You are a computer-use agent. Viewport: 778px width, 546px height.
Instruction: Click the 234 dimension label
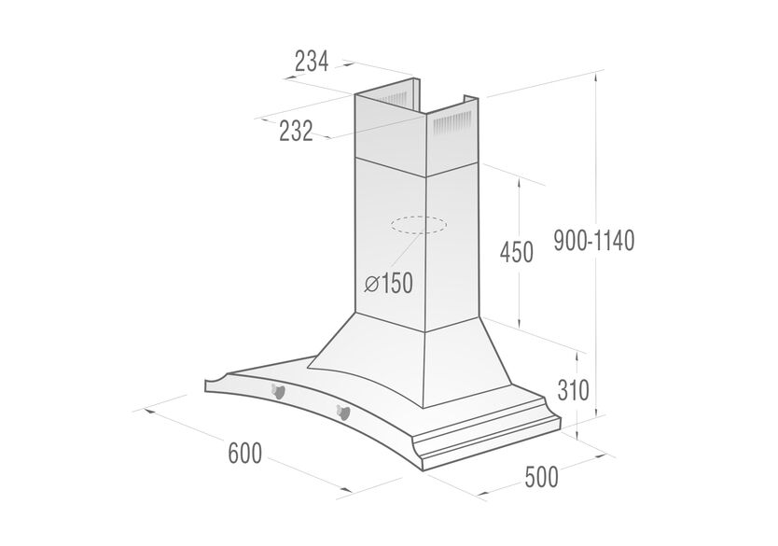click(x=312, y=62)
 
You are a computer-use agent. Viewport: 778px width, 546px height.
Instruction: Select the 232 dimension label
click(x=297, y=131)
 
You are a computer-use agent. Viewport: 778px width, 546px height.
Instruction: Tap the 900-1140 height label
click(x=594, y=241)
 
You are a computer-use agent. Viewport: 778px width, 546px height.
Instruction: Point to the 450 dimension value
click(x=517, y=252)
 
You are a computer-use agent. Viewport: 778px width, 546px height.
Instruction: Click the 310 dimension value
click(x=573, y=389)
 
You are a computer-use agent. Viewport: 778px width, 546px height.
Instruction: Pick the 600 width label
click(x=244, y=454)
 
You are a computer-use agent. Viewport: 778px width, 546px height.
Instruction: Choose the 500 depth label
click(x=541, y=478)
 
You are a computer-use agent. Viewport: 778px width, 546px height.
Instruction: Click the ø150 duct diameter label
click(x=388, y=284)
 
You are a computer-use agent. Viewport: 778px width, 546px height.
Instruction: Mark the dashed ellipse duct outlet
click(x=418, y=225)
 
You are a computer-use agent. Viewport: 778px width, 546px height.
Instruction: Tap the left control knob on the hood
click(x=277, y=392)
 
